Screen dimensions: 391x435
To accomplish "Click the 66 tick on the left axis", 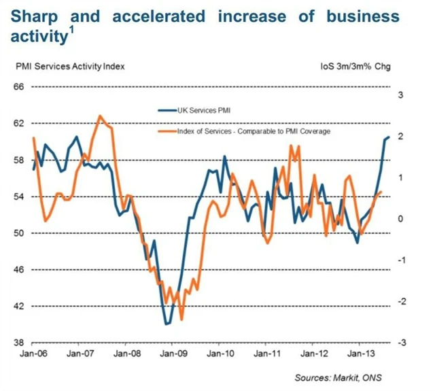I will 19,87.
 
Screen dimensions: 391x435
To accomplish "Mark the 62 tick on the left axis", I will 19,123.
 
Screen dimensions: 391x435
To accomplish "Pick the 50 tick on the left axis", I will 19,233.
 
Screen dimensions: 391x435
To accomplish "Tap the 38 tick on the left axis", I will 19,343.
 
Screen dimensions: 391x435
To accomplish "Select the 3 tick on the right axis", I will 400,95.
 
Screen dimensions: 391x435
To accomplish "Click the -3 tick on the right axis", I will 400,343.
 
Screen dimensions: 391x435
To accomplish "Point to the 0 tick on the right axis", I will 400,219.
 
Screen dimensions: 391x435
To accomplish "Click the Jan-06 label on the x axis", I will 33,354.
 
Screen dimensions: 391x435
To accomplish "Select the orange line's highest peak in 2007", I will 101,116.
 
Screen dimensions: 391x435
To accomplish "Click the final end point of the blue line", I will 389,137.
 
